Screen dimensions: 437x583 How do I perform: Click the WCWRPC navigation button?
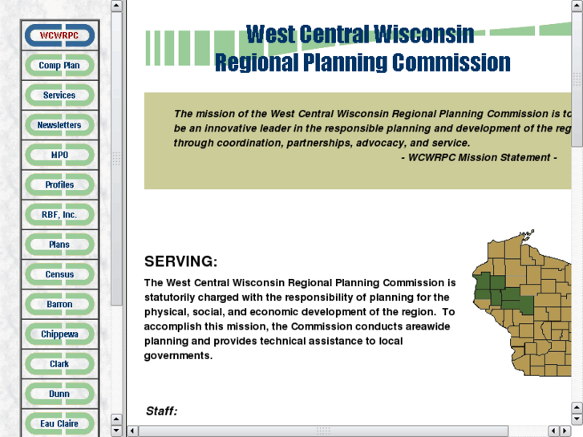59,36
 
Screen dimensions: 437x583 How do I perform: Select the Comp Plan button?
59,66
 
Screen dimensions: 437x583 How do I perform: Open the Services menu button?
59,95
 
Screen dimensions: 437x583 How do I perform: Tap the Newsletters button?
59,125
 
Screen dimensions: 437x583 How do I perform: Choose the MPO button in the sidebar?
59,155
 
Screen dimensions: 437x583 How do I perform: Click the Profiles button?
59,185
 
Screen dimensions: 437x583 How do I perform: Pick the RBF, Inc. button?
59,215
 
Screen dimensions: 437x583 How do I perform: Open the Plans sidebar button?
59,245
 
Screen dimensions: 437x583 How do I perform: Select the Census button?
59,274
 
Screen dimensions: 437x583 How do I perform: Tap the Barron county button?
59,305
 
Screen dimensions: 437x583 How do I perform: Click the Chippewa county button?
59,334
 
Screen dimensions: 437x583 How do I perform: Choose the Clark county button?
59,364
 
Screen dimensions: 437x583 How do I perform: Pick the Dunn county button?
59,394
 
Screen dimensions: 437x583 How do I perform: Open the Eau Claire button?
59,423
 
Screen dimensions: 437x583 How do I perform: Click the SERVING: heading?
180,261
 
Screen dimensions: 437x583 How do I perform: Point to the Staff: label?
161,411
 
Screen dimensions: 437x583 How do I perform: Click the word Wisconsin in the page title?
424,34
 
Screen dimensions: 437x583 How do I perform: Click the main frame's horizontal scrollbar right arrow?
565,431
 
